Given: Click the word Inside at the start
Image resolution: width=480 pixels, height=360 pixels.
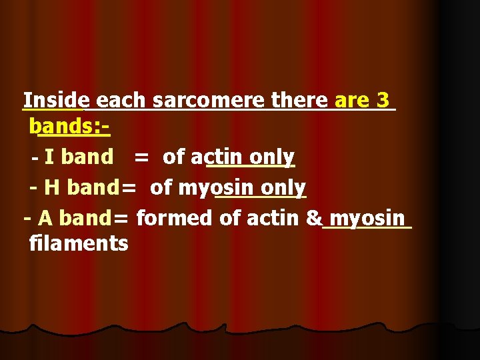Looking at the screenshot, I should (53, 101).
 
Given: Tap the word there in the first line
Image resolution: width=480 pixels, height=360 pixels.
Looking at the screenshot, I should (300, 101).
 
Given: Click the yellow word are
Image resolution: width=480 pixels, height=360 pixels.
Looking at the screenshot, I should (352, 101).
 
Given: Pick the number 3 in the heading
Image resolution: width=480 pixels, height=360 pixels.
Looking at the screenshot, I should (383, 101).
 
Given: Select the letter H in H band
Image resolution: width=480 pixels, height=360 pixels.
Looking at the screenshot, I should (52, 188).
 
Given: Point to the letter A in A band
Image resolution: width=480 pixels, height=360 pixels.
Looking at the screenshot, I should (45, 218).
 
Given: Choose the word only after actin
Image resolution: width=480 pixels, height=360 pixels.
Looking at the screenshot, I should (272, 157).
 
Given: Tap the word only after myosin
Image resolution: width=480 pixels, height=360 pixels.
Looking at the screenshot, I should (283, 188).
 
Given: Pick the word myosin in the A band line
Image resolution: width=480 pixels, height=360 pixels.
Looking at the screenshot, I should (367, 218).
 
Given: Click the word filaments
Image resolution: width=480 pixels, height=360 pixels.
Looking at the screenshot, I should (79, 244).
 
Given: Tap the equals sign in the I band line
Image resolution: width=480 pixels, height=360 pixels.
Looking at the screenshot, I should (141, 157).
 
